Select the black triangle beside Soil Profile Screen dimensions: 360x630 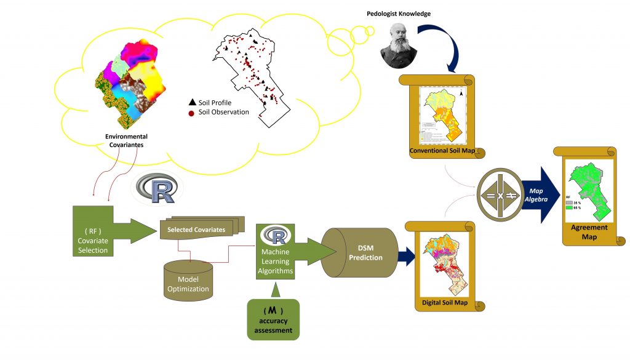[192, 102]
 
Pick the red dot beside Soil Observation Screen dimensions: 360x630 [192, 112]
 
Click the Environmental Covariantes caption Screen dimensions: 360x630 [126, 140]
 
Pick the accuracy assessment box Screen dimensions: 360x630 [273, 319]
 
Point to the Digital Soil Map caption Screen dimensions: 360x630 [444, 303]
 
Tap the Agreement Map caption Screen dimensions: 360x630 [590, 231]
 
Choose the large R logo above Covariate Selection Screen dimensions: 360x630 [157, 190]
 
